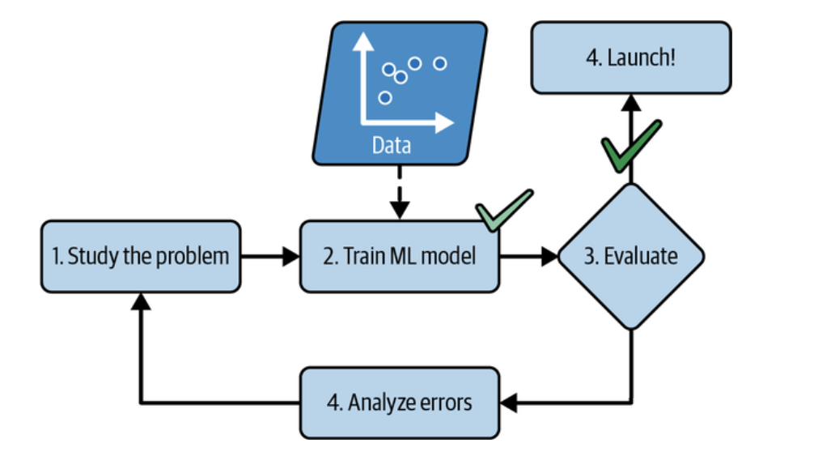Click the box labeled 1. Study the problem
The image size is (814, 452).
(140, 256)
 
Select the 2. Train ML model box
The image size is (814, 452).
(400, 256)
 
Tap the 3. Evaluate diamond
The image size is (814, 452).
(630, 256)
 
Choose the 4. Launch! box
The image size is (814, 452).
(630, 58)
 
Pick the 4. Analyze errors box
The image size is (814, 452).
(400, 403)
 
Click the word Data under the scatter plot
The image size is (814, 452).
(392, 146)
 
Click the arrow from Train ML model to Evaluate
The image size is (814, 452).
(529, 257)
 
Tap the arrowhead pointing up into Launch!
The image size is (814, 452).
(630, 102)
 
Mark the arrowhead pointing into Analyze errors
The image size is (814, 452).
(509, 403)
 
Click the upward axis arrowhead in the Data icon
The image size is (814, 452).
(361, 41)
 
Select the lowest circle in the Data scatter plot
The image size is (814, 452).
(385, 97)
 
